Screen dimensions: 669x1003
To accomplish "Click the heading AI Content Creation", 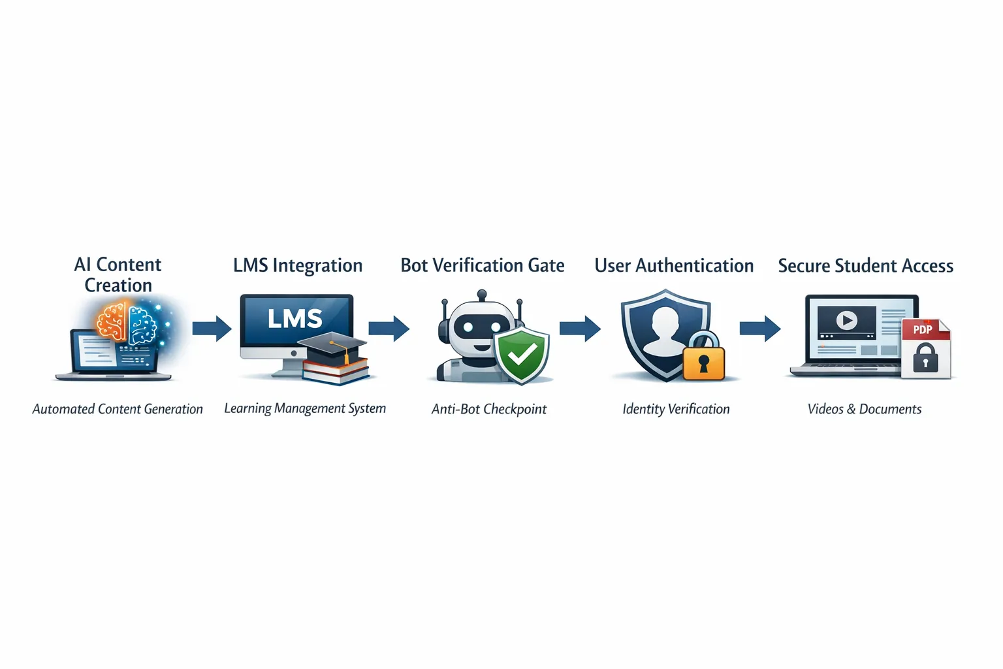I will (118, 275).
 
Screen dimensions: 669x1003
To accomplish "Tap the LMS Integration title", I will (298, 265).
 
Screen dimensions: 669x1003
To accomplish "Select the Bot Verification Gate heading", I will (483, 265).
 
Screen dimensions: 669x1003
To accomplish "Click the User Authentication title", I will (674, 266).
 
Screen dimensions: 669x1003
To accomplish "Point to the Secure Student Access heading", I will (865, 266).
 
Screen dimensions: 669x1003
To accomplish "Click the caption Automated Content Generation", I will (118, 409).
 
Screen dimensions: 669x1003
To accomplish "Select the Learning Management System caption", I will (305, 408).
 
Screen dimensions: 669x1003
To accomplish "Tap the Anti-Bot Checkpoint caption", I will (489, 409).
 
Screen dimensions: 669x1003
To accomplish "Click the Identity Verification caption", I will (676, 409).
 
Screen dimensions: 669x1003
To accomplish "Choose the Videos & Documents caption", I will (865, 409).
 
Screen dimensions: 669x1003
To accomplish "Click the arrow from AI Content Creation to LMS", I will (212, 328).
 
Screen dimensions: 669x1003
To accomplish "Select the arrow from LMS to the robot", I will (389, 328).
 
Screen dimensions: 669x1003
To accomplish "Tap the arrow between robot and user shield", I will (580, 328).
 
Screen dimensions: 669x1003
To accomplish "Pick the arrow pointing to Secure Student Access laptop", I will (760, 328).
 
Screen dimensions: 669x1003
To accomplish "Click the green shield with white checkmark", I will (522, 355).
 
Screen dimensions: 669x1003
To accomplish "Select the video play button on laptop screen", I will (847, 320).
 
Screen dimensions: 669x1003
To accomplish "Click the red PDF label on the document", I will (922, 329).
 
